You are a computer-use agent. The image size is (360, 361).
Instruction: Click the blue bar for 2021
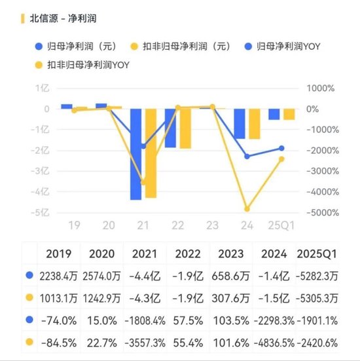click(136, 154)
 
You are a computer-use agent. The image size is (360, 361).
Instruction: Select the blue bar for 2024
click(240, 124)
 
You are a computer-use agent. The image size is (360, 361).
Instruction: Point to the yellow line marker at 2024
click(247, 209)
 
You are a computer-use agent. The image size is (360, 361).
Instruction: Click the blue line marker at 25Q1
click(281, 148)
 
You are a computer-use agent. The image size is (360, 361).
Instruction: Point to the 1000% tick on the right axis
click(313, 88)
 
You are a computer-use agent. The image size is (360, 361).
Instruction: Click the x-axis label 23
click(212, 225)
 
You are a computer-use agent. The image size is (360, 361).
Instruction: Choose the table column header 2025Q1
click(317, 253)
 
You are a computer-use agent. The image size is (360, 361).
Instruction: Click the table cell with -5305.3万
click(317, 298)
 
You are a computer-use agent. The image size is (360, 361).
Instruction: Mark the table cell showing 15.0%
click(103, 320)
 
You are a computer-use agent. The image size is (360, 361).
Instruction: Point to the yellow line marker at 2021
click(143, 182)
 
